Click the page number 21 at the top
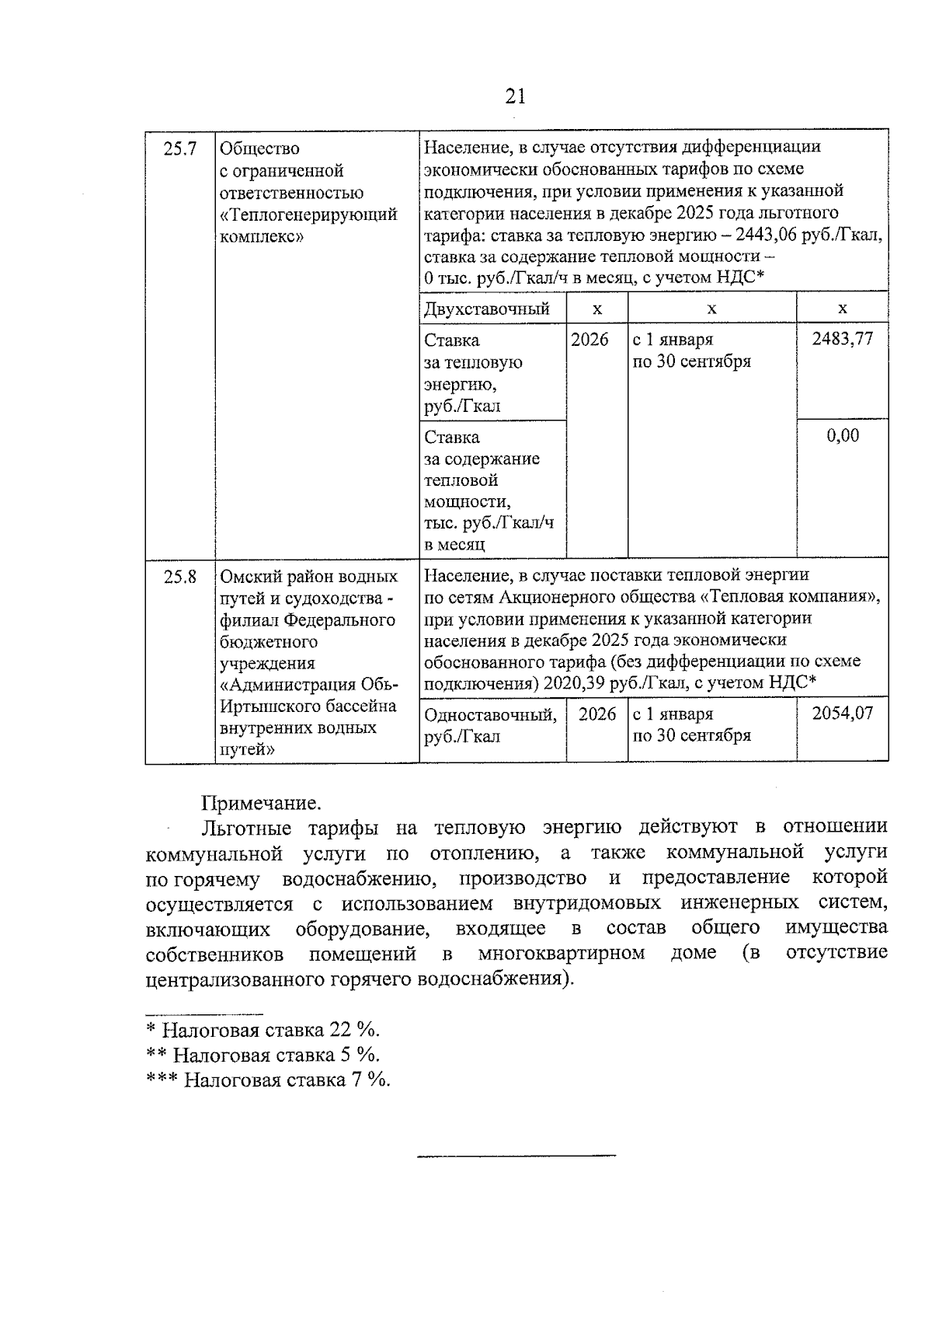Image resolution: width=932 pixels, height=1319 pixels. [x=515, y=96]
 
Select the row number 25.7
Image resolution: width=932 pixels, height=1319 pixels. [x=179, y=148]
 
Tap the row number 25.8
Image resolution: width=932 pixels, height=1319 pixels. [x=179, y=577]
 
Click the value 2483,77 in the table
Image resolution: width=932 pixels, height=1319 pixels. [x=842, y=339]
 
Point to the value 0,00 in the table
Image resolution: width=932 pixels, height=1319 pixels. [x=843, y=435]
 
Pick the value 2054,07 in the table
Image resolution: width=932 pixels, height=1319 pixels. [x=842, y=713]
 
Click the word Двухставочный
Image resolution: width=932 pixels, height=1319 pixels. [x=487, y=309]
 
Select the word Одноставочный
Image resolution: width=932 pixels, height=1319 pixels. [x=490, y=714]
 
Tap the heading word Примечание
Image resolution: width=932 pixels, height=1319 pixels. [x=261, y=802]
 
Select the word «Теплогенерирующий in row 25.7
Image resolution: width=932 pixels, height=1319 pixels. [x=308, y=215]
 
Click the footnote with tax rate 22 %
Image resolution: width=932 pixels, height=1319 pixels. [x=263, y=1031]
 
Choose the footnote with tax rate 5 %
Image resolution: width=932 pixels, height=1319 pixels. [x=263, y=1055]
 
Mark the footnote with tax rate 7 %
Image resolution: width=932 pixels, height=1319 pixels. [x=269, y=1080]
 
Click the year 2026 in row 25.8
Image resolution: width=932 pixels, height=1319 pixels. [x=596, y=714]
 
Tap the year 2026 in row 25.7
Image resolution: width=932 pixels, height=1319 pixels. [x=589, y=340]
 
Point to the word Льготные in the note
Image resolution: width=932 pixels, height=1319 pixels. [x=246, y=828]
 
